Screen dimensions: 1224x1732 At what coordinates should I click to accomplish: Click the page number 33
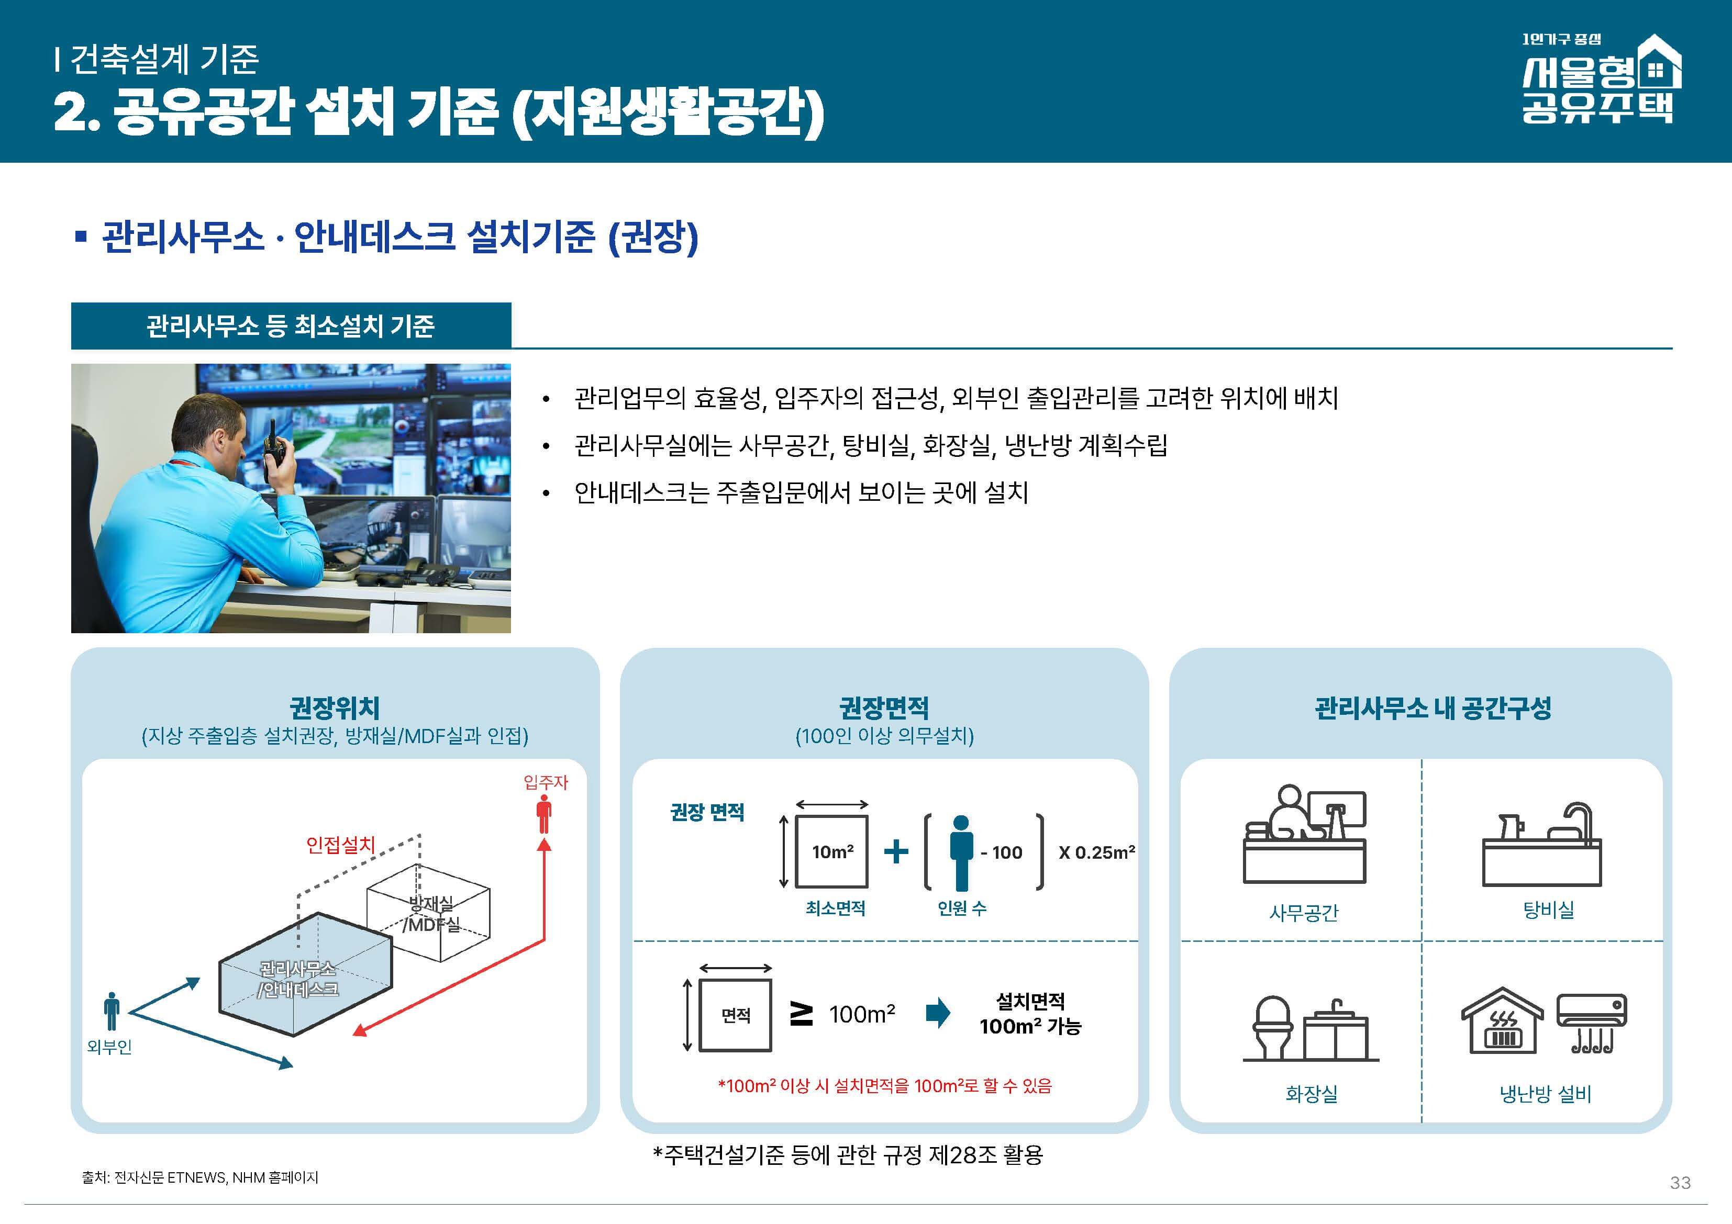(1680, 1183)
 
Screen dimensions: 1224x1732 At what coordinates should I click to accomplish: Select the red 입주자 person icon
(544, 814)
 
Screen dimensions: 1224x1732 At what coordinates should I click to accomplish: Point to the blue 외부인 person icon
(112, 1010)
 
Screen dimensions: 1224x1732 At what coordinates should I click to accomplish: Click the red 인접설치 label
(340, 845)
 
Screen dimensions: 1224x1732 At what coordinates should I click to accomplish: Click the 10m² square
(832, 851)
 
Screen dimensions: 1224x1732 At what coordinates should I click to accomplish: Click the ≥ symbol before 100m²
(801, 1014)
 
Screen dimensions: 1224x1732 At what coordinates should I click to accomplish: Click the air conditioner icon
(1592, 1022)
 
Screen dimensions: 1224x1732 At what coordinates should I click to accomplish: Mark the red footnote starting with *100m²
(884, 1086)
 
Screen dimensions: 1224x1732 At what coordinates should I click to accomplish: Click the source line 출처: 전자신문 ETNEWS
(200, 1177)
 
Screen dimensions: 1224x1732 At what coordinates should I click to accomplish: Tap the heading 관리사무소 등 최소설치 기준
(291, 326)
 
